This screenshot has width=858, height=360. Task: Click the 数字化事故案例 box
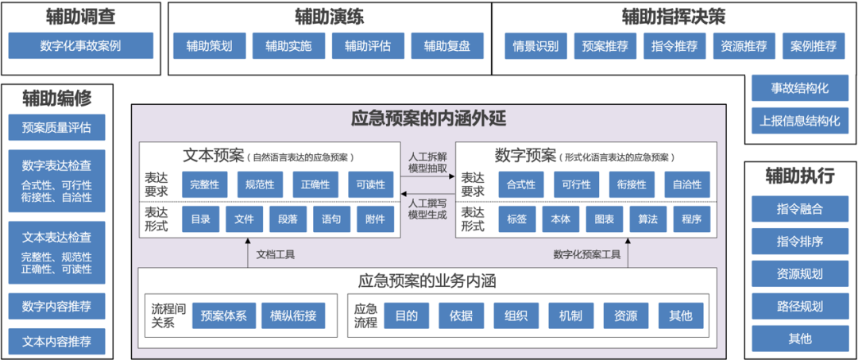[81, 46]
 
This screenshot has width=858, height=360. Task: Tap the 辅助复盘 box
[446, 46]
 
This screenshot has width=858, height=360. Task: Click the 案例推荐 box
[813, 46]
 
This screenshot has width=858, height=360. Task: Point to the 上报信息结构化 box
[801, 122]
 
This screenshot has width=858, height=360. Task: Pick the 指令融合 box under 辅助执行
[801, 209]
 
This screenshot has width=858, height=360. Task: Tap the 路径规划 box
[801, 306]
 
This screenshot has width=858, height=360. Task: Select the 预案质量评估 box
[56, 127]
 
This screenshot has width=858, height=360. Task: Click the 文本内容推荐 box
[56, 342]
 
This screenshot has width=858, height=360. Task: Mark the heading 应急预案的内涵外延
[428, 119]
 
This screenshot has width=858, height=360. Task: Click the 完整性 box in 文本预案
[205, 184]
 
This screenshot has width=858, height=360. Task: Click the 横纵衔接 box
[293, 315]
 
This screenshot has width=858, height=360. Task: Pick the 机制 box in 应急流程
[570, 315]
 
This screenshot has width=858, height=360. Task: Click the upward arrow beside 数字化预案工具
[627, 254]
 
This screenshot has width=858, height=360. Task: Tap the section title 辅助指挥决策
[674, 17]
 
